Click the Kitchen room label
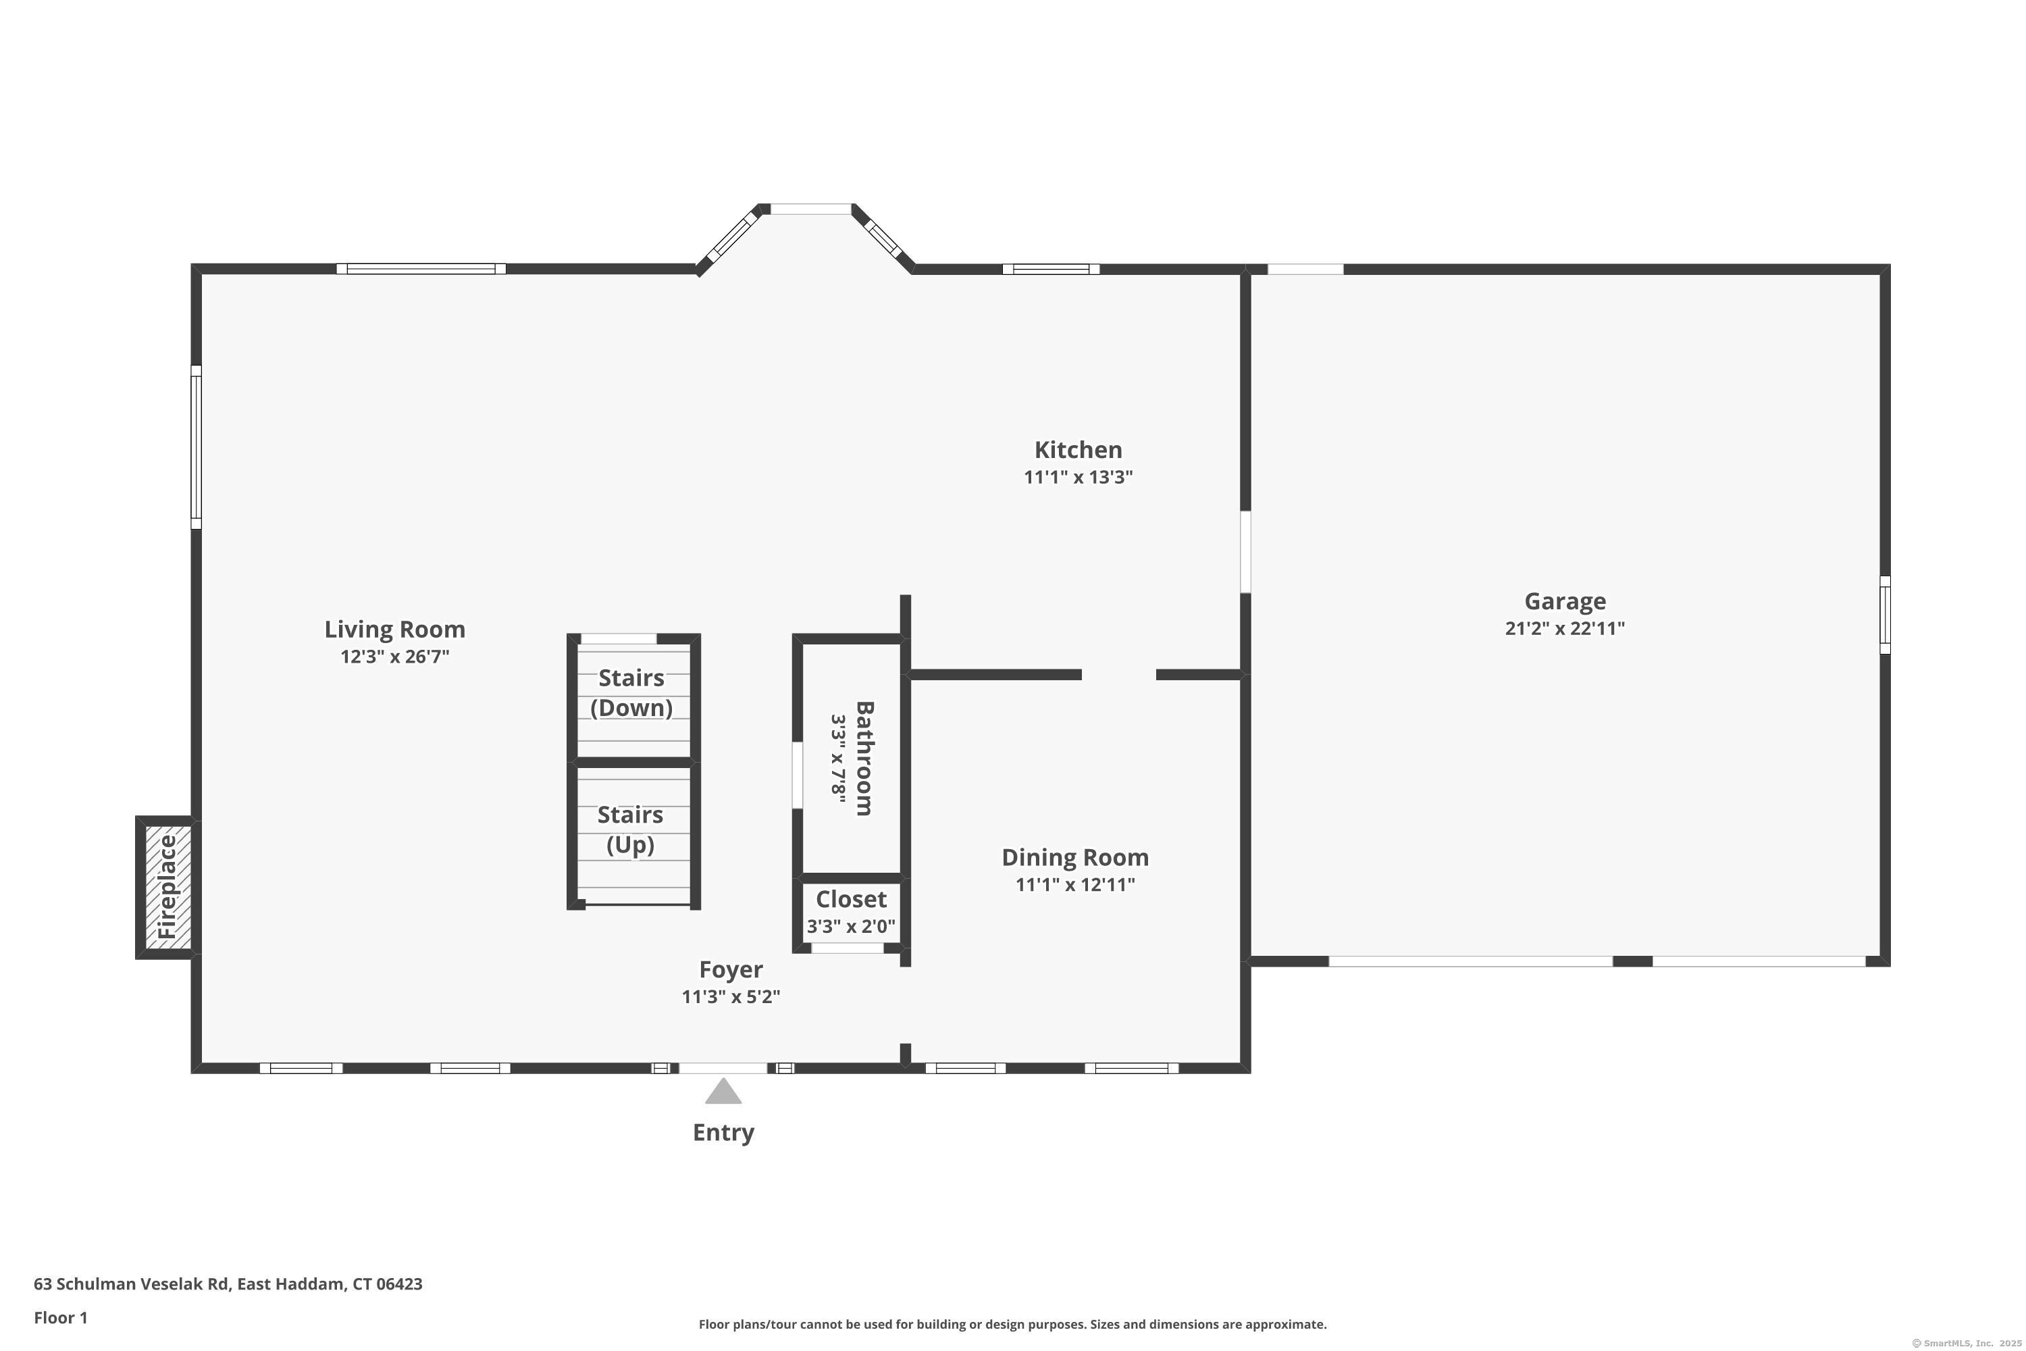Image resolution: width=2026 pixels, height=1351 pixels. pos(1078,450)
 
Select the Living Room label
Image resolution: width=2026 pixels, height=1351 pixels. pos(394,629)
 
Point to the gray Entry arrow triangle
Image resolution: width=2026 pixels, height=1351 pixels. pos(723,1092)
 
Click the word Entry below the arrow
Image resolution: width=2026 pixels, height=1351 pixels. pos(723,1132)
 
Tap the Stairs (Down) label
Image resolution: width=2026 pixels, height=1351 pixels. pos(631,693)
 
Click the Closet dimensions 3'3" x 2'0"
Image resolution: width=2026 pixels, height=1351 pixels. pos(850,926)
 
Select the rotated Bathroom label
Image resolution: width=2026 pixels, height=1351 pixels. pos(864,757)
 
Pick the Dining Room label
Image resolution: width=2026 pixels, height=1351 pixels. pos(1074,857)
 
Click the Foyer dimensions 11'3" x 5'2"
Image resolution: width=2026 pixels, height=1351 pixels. pos(731,996)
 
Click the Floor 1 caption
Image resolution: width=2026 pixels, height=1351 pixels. pos(60,1317)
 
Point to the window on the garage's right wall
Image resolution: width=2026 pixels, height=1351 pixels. pos(1884,614)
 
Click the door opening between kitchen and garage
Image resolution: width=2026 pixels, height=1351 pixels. pos(1245,551)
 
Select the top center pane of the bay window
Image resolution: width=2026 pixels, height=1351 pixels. pos(810,209)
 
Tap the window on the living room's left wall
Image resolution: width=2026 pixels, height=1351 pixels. pos(197,447)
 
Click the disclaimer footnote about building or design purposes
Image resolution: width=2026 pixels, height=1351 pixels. pos(1012,1324)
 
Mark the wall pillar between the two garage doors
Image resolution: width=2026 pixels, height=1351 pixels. pos(1632,961)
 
